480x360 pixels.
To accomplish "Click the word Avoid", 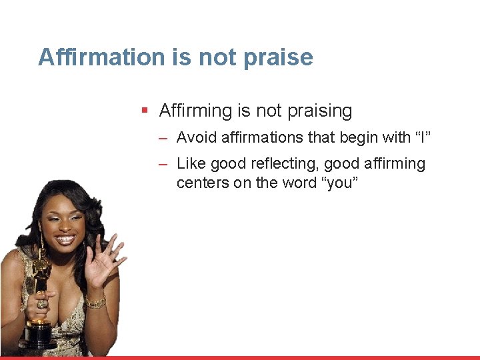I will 196,138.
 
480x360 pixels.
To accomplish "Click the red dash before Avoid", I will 163,139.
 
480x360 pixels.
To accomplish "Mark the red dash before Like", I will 163,164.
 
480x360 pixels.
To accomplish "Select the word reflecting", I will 285,164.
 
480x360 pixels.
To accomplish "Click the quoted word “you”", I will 341,183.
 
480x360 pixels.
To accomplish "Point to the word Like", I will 189,164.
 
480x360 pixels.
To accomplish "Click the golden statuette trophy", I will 39,300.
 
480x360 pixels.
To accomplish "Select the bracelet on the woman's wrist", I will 95,303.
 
